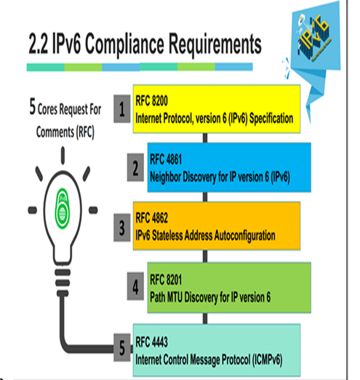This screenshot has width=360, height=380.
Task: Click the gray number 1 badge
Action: pyautogui.click(x=122, y=108)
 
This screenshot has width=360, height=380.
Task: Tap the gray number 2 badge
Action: pyautogui.click(x=135, y=167)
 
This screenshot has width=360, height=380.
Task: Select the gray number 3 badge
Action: pyautogui.click(x=122, y=228)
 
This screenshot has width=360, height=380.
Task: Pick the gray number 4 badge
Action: pyautogui.click(x=135, y=286)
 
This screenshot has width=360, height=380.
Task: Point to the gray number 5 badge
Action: pyautogui.click(x=122, y=347)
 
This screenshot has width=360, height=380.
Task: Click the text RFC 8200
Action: pyautogui.click(x=151, y=100)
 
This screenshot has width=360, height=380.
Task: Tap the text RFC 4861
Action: pyautogui.click(x=166, y=159)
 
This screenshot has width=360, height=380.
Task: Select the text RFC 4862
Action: pyautogui.click(x=151, y=218)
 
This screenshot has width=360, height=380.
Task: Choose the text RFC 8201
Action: pyautogui.click(x=166, y=280)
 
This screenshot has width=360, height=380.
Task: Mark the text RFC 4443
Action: pyautogui.click(x=151, y=342)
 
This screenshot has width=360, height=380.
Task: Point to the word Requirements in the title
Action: pyautogui.click(x=215, y=44)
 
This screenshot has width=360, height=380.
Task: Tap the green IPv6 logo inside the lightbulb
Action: pyautogui.click(x=63, y=208)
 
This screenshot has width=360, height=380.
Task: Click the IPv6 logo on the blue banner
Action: pyautogui.click(x=314, y=38)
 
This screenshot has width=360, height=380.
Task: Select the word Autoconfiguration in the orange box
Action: pyautogui.click(x=244, y=236)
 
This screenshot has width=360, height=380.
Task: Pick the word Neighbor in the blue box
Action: pyautogui.click(x=165, y=177)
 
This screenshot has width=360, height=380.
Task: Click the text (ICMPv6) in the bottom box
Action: pyautogui.click(x=267, y=360)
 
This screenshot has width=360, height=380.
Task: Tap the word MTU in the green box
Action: pyautogui.click(x=173, y=297)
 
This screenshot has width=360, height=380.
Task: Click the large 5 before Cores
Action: pyautogui.click(x=33, y=106)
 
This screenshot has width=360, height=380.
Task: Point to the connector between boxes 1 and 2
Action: pyautogui.click(x=205, y=138)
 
